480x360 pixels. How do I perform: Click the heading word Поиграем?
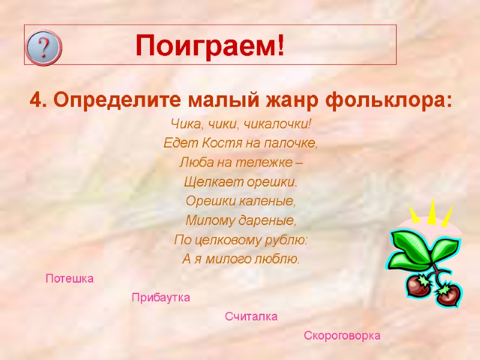tap(209, 46)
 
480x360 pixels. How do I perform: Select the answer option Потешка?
tap(70, 278)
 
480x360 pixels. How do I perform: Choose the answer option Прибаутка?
tap(161, 298)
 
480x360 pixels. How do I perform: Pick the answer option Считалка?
tap(251, 316)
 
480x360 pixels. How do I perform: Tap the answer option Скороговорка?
tap(342, 335)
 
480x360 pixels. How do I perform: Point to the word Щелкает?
tap(209, 182)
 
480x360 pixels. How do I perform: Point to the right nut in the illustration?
tap(447, 294)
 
